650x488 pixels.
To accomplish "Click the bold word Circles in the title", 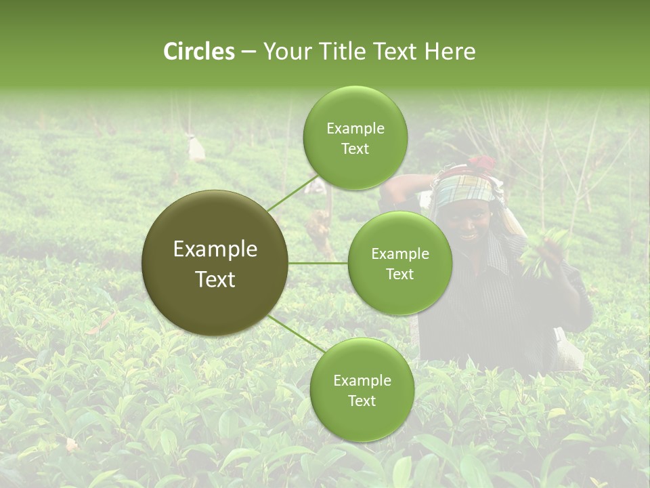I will (x=198, y=52).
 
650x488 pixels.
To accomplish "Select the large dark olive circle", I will (x=215, y=263).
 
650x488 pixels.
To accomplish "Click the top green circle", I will (x=355, y=138).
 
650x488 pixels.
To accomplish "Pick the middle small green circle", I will (x=399, y=263).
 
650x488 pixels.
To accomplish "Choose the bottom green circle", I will (x=362, y=390).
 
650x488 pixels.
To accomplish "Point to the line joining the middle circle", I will (x=318, y=263).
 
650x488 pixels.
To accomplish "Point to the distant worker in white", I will (x=196, y=147).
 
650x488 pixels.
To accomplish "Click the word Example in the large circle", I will (x=215, y=249).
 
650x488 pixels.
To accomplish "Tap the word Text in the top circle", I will (x=355, y=149).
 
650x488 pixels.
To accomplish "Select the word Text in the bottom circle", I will (x=362, y=401).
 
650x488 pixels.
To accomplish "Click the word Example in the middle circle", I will (x=399, y=253).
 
